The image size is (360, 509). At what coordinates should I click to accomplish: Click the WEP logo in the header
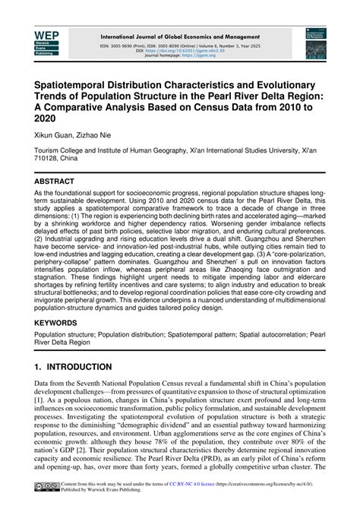48,43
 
